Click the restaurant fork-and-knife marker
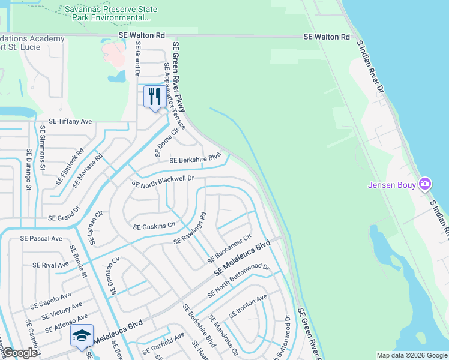tap(154, 97)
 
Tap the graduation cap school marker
tap(82, 337)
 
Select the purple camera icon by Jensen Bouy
tap(425, 184)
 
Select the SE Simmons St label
tap(42, 147)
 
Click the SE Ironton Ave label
tap(247, 307)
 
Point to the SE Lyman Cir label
tap(95, 228)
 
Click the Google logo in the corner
tap(20, 353)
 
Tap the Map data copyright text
tap(411, 355)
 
